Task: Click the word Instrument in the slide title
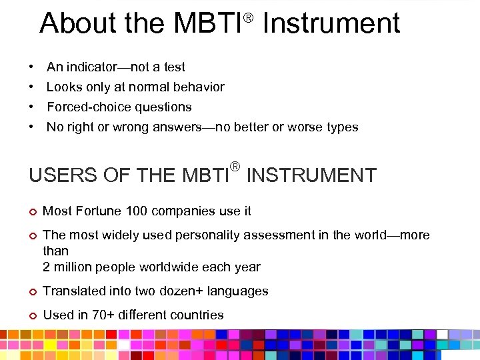[331, 23]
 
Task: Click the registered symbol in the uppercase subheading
[234, 166]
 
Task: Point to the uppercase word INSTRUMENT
[311, 176]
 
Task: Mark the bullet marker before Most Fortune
[33, 211]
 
